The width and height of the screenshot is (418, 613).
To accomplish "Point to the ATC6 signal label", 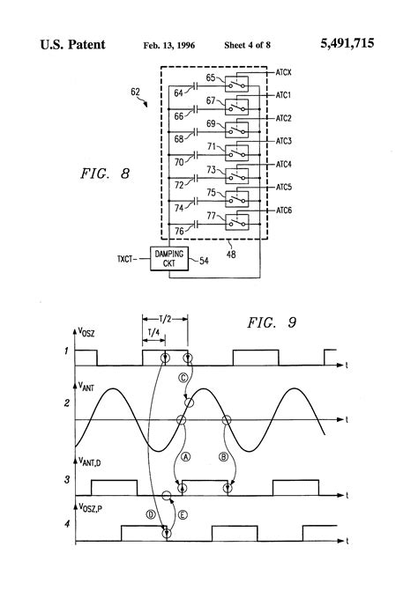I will [x=285, y=210].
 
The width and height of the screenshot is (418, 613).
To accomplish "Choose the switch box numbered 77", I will [x=236, y=220].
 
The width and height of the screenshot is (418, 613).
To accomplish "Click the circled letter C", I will [x=183, y=377].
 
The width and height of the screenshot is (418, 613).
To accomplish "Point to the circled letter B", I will [x=226, y=456].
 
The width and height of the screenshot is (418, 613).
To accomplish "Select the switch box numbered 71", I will [x=236, y=151].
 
